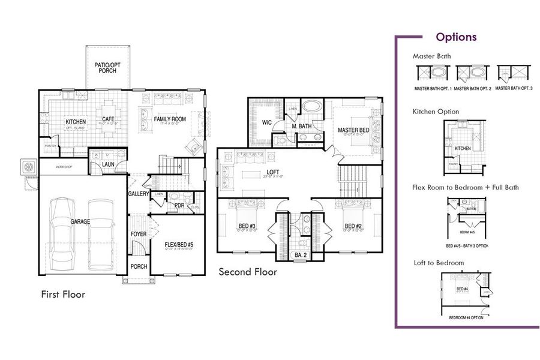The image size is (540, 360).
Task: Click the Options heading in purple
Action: click(456, 37)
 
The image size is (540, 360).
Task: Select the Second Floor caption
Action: click(247, 272)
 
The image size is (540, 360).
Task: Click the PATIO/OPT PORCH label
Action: click(108, 67)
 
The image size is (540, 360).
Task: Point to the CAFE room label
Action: click(108, 119)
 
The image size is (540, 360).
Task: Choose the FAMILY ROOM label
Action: click(170, 119)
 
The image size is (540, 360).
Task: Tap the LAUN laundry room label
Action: click(108, 164)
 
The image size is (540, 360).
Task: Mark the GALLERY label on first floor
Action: click(138, 194)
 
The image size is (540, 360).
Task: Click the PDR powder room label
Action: click(179, 205)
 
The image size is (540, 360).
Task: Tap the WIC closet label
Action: click(268, 123)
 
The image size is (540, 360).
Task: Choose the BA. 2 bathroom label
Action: click(299, 255)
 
